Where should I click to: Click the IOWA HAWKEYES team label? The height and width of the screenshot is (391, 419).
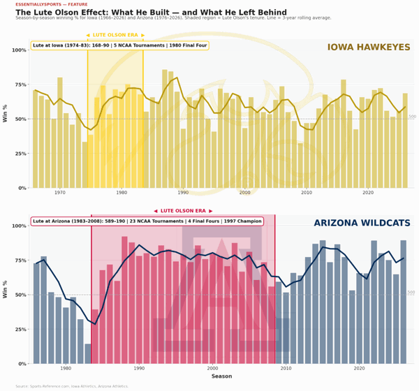pos(368,47)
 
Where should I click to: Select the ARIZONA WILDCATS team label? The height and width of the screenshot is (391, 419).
pos(362,223)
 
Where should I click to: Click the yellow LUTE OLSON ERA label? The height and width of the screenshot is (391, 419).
pos(115,34)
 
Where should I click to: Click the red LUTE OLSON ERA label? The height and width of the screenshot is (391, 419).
pos(183,210)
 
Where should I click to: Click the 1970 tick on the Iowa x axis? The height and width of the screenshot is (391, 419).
pos(60,193)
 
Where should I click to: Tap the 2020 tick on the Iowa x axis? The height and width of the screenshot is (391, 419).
pos(367,193)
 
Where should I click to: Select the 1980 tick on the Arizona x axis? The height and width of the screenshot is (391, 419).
pos(66,369)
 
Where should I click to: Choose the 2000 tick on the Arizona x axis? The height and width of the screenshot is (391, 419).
pos(212,369)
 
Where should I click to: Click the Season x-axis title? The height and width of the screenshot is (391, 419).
pos(222,376)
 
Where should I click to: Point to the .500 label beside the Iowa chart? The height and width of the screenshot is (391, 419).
pos(412,117)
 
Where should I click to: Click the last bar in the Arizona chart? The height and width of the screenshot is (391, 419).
pos(404,302)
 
